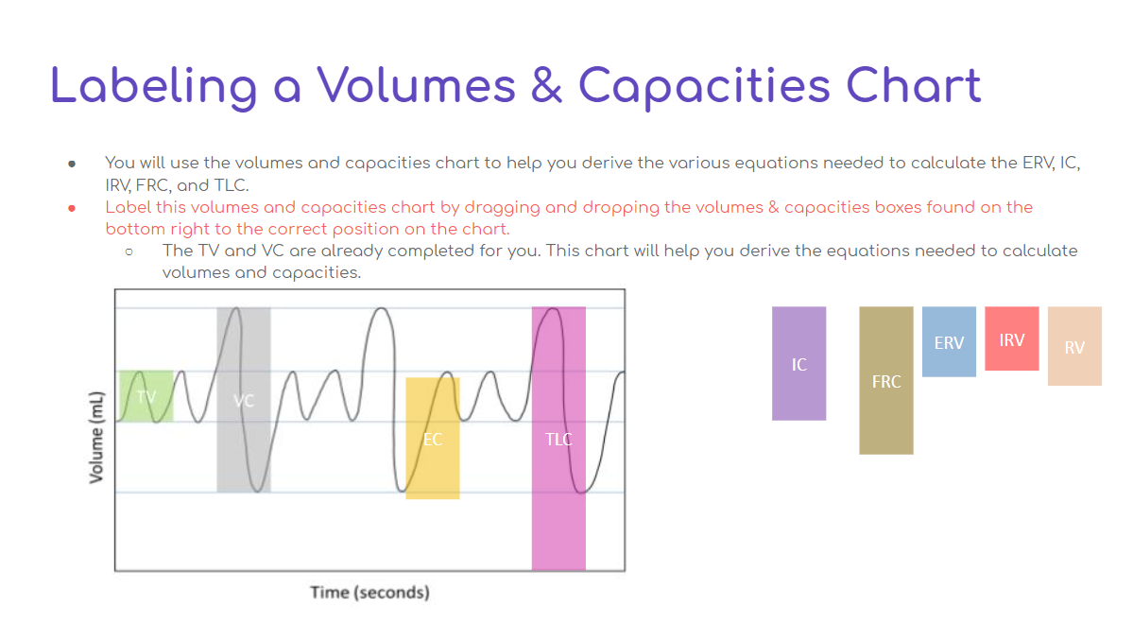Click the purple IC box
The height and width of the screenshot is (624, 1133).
798,364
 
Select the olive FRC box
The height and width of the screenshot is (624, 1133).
885,381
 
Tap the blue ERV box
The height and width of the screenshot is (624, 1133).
949,342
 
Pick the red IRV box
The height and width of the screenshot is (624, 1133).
1011,339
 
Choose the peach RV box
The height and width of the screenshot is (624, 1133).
1074,347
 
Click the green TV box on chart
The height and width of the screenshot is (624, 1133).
146,397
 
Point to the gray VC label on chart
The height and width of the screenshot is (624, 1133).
244,401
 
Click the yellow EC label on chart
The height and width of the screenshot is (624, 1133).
433,440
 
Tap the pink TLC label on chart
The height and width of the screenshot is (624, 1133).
558,440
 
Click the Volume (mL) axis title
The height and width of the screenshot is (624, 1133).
95,438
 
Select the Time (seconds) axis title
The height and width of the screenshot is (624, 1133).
369,593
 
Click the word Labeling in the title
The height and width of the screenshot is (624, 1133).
153,85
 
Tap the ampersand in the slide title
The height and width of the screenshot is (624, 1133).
547,85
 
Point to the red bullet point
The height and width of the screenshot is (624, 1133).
71,208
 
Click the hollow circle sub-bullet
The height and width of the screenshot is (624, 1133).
128,251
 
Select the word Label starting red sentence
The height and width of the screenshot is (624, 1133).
127,207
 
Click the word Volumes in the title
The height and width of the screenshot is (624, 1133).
416,85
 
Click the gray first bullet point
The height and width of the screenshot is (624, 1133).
71,164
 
